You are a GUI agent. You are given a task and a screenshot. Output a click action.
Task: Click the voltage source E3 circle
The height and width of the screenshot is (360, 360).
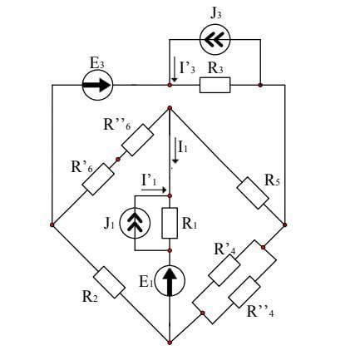pos(97,85)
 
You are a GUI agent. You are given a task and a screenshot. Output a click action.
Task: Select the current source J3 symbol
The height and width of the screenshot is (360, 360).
pos(215,40)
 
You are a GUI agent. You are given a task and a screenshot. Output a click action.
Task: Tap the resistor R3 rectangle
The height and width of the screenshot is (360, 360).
pos(215,85)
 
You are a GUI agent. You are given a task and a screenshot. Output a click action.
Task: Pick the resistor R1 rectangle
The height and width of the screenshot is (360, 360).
pos(170,223)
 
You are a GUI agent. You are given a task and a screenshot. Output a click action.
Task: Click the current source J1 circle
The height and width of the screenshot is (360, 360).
pos(135,223)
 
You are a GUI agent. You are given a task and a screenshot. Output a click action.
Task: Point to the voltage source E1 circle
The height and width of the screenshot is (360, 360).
pos(170,280)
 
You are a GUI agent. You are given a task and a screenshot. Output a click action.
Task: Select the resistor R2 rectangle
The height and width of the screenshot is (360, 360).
pos(109,282)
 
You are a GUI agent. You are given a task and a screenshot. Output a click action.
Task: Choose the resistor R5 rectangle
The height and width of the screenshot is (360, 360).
pos(253,193)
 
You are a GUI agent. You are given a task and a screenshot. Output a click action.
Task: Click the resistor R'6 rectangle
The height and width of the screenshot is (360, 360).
pos(98,179)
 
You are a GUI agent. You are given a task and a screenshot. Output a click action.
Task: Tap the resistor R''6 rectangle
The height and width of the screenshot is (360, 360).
pos(137,140)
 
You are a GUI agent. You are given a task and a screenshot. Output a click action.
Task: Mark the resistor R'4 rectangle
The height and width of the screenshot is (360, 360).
pos(224,269)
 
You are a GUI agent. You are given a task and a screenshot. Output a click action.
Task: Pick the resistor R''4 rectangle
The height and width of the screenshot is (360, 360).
pos(244,292)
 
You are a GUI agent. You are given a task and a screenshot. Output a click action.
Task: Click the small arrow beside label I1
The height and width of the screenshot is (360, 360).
pos(175,151)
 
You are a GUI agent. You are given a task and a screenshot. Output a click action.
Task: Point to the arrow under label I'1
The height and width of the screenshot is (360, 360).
pos(154,190)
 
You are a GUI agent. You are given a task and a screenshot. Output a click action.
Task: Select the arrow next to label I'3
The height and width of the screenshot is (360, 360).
pos(175,69)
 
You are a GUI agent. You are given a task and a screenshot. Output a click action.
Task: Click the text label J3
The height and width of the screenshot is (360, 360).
pos(216,14)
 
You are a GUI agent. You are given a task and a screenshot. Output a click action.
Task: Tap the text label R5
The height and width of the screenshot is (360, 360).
pos(273,181)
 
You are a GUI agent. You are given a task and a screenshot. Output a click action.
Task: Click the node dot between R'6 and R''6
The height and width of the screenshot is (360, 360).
pos(118,160)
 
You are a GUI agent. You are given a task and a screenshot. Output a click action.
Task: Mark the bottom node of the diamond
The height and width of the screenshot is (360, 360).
pos(170,343)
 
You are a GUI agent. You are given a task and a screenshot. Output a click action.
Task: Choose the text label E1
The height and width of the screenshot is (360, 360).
pos(145,282)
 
